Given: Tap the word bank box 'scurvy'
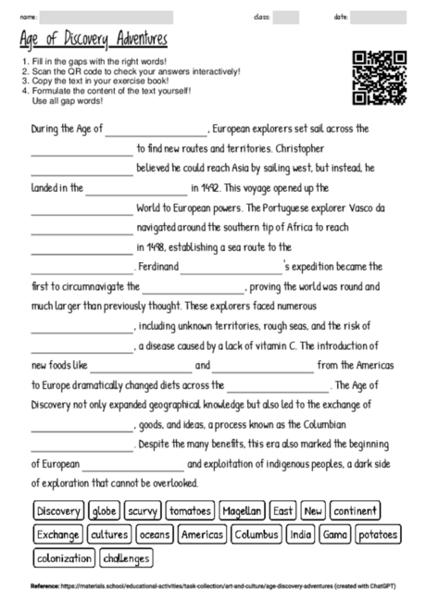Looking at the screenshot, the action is [x=144, y=511].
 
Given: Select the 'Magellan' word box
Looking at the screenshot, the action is [x=244, y=511].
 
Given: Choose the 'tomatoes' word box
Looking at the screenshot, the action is [x=192, y=511].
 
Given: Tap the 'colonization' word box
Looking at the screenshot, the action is [x=64, y=558].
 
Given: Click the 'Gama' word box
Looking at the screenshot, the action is [x=335, y=534].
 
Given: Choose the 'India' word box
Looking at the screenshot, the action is [x=302, y=534].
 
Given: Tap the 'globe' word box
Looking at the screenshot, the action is [x=105, y=511].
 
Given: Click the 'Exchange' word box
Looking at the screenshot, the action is [x=58, y=534].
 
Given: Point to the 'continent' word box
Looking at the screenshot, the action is [x=355, y=511].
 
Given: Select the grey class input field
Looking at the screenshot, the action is [x=286, y=17].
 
